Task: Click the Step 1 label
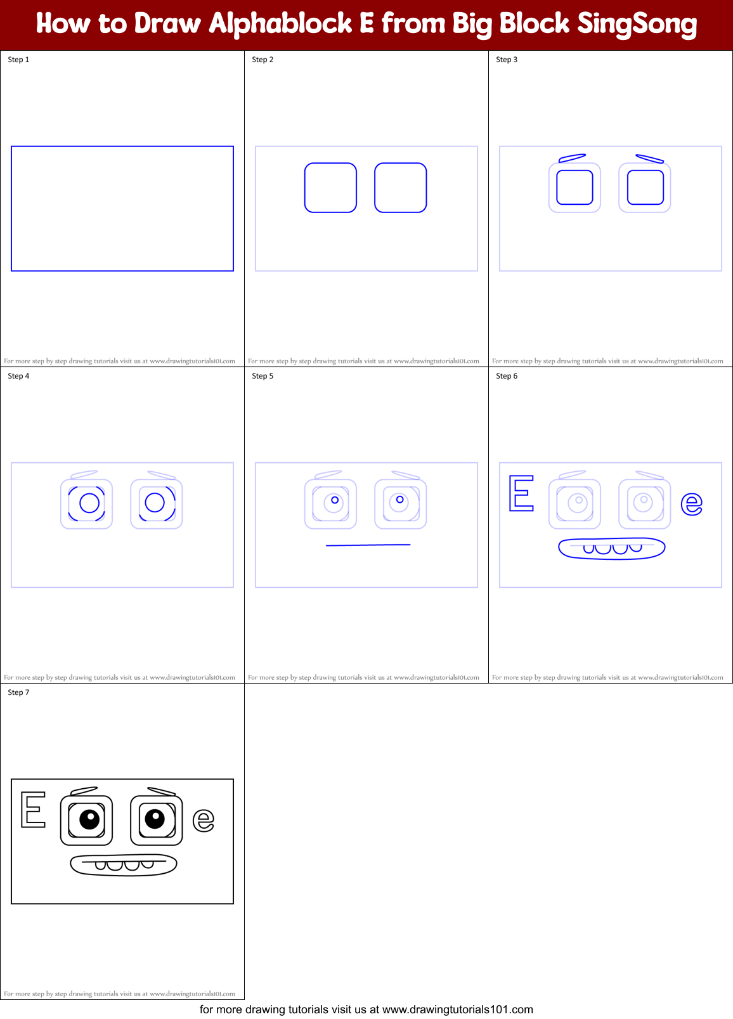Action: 18,60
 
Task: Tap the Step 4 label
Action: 18,376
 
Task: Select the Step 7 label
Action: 18,692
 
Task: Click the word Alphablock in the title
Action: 280,24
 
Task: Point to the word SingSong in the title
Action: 637,24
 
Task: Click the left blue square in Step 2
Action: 330,188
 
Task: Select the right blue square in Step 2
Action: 400,188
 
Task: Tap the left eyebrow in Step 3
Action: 572,158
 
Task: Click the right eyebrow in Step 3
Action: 649,159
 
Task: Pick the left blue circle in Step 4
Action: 89,503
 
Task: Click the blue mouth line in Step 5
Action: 368,545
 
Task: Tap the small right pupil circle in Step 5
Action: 399,500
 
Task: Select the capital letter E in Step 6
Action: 521,493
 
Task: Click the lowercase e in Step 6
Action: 691,504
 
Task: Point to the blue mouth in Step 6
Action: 611,548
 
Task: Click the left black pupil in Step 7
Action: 89,819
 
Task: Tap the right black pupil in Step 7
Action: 155,819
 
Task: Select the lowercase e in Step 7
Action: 203,821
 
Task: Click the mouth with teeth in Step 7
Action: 123,865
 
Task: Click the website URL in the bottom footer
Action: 457,1009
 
